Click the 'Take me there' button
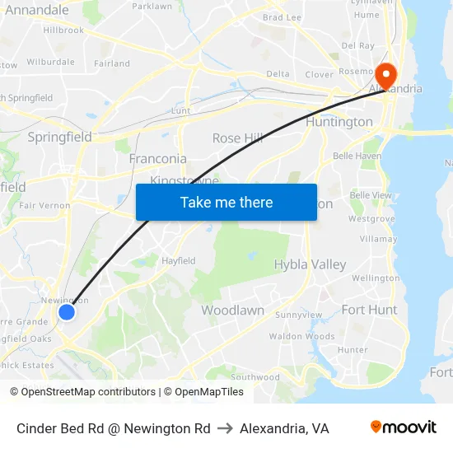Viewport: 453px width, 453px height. pos(226,203)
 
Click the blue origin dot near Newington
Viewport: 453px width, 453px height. pos(67,312)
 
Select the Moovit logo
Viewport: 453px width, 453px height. pos(404,427)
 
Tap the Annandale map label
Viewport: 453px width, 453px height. pos(37,10)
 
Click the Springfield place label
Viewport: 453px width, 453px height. pos(59,138)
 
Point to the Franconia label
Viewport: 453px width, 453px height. pos(157,158)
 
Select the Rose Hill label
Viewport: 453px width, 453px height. pos(238,138)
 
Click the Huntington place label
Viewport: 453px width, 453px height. pos(339,122)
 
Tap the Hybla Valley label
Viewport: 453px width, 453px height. pos(310,264)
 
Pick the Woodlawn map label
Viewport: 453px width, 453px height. pos(232,311)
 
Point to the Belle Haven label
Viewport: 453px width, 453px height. pos(357,156)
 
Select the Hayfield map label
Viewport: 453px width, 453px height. pos(178,260)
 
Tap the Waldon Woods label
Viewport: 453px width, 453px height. pos(301,336)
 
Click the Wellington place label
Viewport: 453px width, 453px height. pos(375,278)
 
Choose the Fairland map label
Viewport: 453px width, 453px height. pos(112,63)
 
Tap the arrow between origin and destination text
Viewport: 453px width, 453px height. pos(225,428)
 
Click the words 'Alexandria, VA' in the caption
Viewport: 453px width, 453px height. pos(284,428)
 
